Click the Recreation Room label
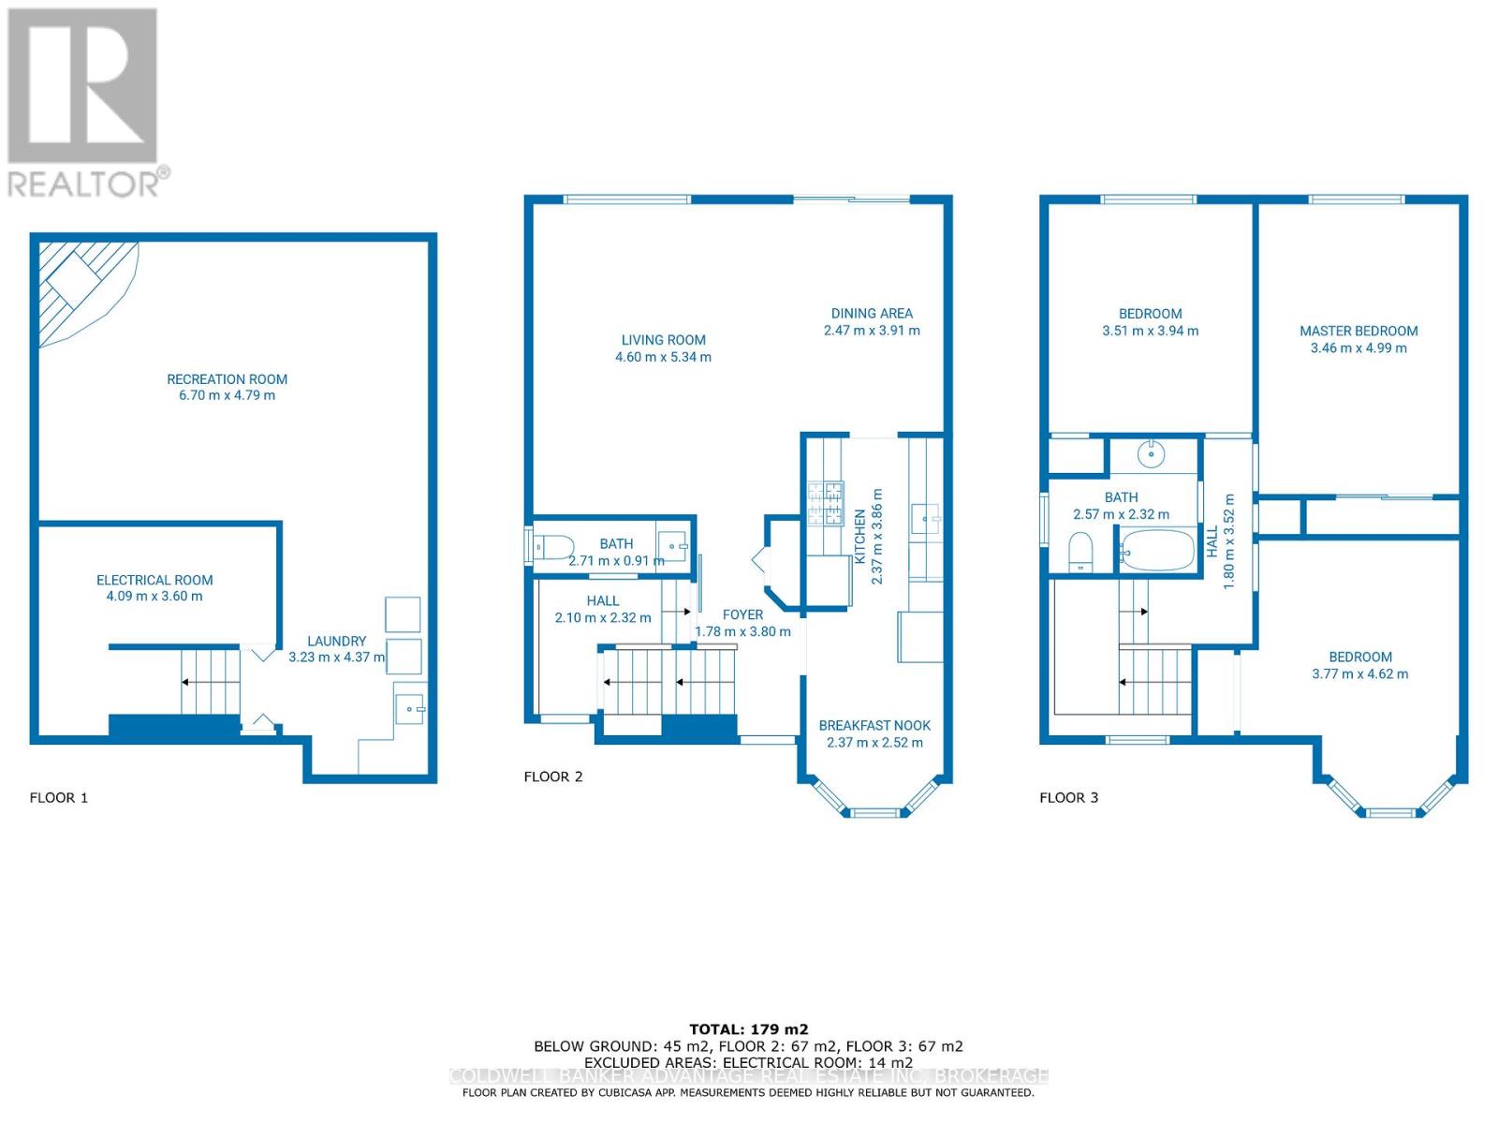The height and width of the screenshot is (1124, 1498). (227, 379)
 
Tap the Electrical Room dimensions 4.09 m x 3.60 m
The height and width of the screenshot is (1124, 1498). (154, 597)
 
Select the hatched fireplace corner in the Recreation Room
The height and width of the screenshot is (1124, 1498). (80, 286)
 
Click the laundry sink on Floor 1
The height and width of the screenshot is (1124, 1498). (410, 707)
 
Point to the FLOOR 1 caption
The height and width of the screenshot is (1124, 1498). (59, 798)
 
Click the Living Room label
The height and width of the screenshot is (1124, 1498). (663, 340)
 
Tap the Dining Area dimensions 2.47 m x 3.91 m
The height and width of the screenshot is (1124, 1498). (871, 331)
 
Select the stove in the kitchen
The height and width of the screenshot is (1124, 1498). (826, 504)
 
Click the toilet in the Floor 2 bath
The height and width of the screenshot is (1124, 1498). (554, 545)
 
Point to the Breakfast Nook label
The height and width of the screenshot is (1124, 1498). (874, 726)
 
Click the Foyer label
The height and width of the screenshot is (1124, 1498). (742, 615)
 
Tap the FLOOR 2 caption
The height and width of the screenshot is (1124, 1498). (552, 776)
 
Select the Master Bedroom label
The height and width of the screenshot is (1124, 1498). (1358, 331)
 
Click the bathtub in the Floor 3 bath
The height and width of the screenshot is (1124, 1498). (1157, 551)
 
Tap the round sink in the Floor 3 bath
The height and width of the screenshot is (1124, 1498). (1151, 455)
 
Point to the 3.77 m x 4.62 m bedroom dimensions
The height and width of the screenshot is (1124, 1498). (1359, 674)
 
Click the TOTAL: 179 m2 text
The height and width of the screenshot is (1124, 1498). (748, 1029)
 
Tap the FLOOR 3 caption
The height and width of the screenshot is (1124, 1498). (1068, 798)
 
